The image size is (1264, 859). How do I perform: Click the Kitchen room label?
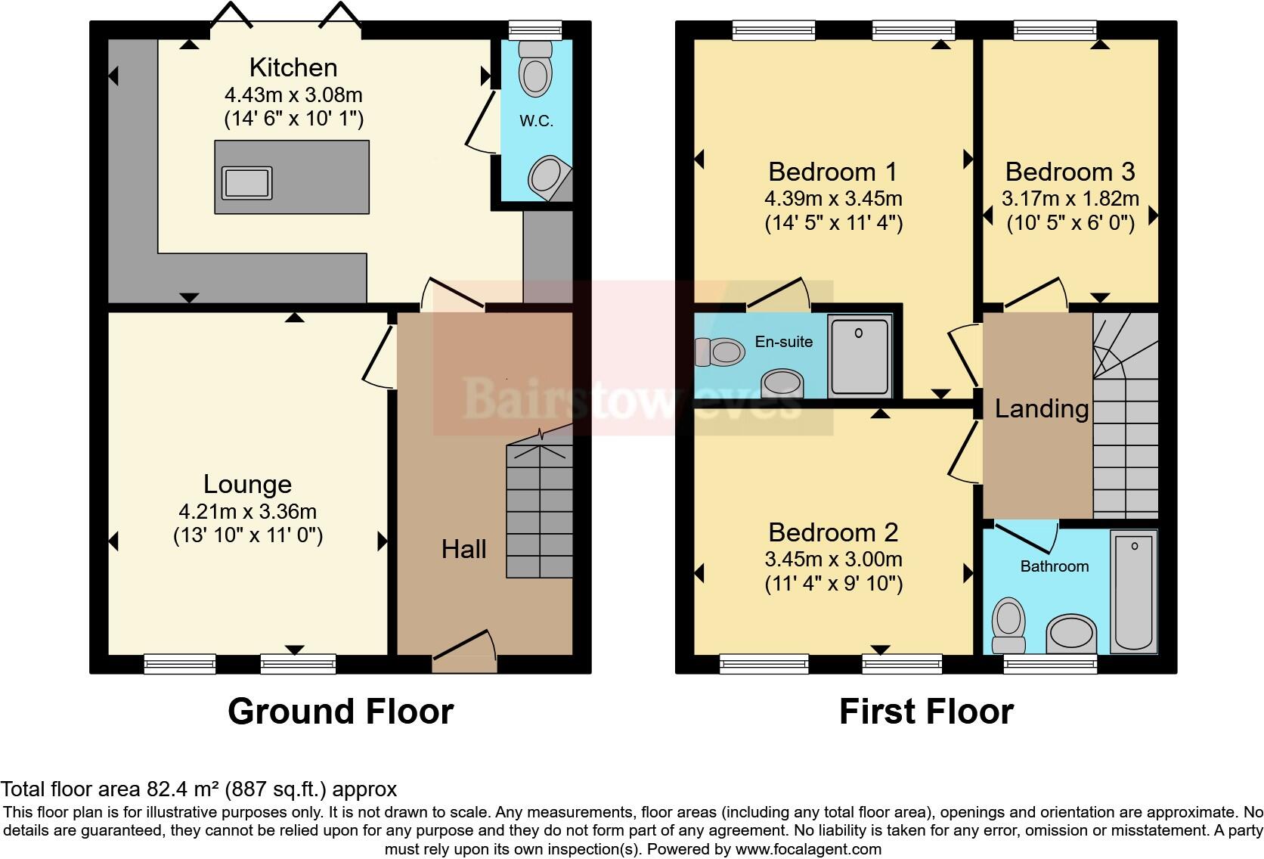pos(293,68)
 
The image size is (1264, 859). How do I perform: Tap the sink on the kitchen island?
pos(246,183)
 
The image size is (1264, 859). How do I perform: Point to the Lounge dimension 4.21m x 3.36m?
pos(248,512)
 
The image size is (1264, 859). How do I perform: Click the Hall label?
pos(463,549)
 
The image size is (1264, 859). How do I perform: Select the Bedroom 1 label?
pos(832,172)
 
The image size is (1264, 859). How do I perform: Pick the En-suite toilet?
pos(720,351)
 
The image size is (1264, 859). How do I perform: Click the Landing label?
pos(1041,409)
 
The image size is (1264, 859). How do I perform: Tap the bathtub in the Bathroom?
pos(1133,590)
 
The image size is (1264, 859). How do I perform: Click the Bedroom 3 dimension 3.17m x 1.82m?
pos(1070,199)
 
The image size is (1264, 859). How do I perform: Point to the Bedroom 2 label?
pos(833,532)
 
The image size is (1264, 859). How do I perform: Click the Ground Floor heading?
pos(340,712)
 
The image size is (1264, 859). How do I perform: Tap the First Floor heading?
pos(926,712)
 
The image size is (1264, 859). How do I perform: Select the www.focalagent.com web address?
pos(807,849)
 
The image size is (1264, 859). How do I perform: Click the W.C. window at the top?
pos(535,30)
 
